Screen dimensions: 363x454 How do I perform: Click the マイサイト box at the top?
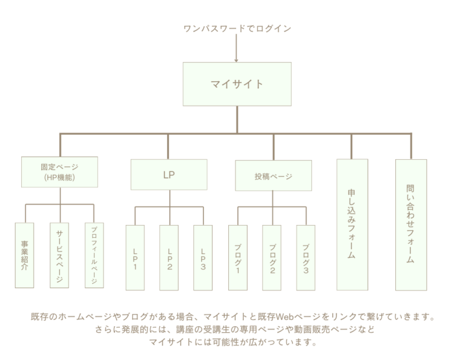[x=237, y=84]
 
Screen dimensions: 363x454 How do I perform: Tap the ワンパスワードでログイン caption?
[x=237, y=28]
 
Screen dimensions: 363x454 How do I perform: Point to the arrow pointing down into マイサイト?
[x=237, y=51]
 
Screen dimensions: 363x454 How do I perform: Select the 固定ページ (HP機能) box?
[x=59, y=172]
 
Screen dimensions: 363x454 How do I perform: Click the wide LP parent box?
[x=169, y=175]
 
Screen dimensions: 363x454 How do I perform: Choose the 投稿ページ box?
[x=273, y=176]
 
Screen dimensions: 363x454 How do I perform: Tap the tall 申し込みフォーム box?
[x=352, y=224]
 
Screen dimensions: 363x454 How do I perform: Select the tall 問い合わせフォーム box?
[x=410, y=224]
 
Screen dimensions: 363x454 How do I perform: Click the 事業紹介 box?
[x=25, y=255]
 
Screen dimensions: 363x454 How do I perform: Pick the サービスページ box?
[x=59, y=255]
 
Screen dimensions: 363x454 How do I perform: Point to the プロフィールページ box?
[x=94, y=255]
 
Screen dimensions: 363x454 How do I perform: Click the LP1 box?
[x=135, y=257]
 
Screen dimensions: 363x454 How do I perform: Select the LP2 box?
[x=169, y=257]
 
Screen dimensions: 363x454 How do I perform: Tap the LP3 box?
[x=203, y=257]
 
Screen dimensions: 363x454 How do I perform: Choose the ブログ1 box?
[x=238, y=257]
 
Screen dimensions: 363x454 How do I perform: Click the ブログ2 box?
[x=272, y=257]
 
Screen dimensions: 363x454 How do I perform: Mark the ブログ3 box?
[x=306, y=257]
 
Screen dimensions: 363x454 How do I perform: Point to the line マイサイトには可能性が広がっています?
[x=233, y=342]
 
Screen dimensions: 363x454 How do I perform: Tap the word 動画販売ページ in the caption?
[x=323, y=330]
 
